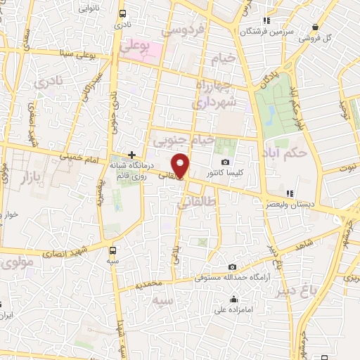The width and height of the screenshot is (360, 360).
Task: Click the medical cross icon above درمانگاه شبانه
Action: (x=131, y=154)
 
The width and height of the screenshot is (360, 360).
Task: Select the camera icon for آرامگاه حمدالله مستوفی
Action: (x=233, y=266)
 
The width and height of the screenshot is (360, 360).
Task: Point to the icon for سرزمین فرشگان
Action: (x=265, y=20)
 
